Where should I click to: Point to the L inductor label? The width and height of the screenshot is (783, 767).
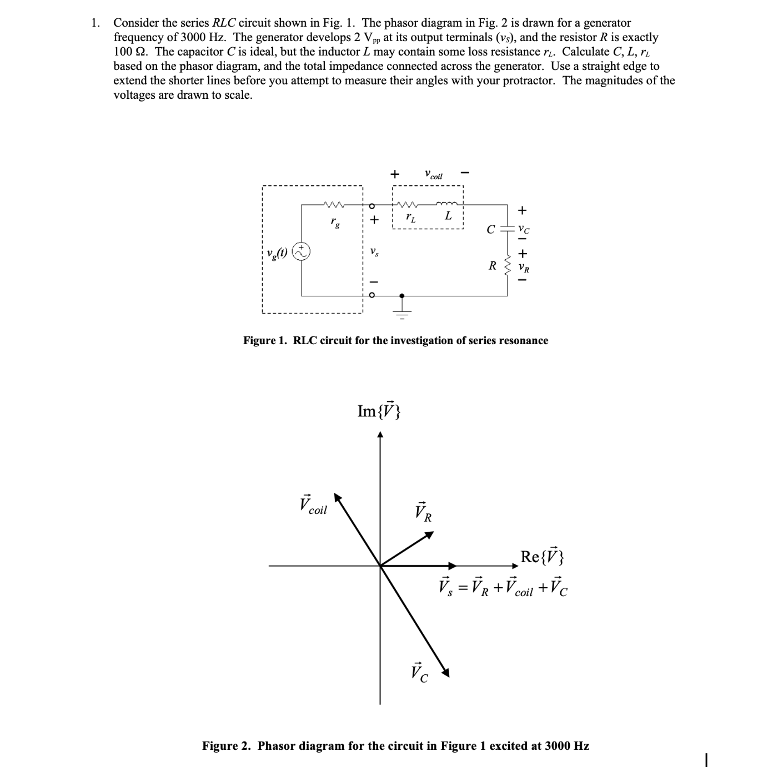pos(448,216)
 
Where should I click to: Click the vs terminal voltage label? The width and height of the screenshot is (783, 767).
pos(374,253)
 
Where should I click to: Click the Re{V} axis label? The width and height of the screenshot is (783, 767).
pos(541,556)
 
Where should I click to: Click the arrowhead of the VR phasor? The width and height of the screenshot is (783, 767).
pos(429,534)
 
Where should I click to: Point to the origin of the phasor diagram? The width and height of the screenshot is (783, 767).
pos(380,566)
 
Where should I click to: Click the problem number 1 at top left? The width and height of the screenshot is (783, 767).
pos(96,23)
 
